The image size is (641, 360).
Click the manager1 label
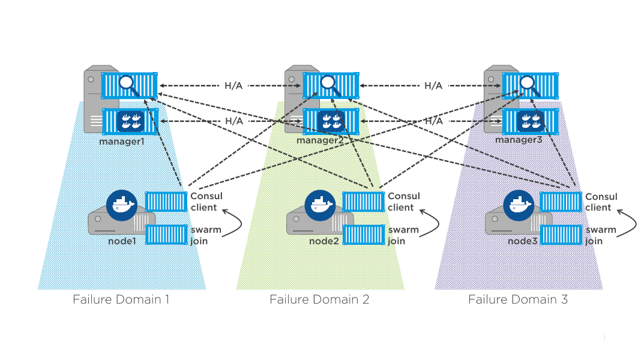click(x=122, y=142)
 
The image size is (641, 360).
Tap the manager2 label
click(x=320, y=140)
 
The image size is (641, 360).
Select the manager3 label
click(x=518, y=139)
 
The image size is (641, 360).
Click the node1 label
click(x=122, y=241)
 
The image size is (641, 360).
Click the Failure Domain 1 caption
click(x=121, y=299)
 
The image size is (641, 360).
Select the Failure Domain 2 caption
click(x=319, y=299)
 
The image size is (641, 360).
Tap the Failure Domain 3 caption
click(x=518, y=299)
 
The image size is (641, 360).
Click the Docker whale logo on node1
click(x=121, y=205)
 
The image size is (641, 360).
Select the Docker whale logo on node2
click(x=320, y=205)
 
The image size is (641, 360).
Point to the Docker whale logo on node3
click(x=517, y=205)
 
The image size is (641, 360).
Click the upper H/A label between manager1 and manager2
click(x=233, y=86)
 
